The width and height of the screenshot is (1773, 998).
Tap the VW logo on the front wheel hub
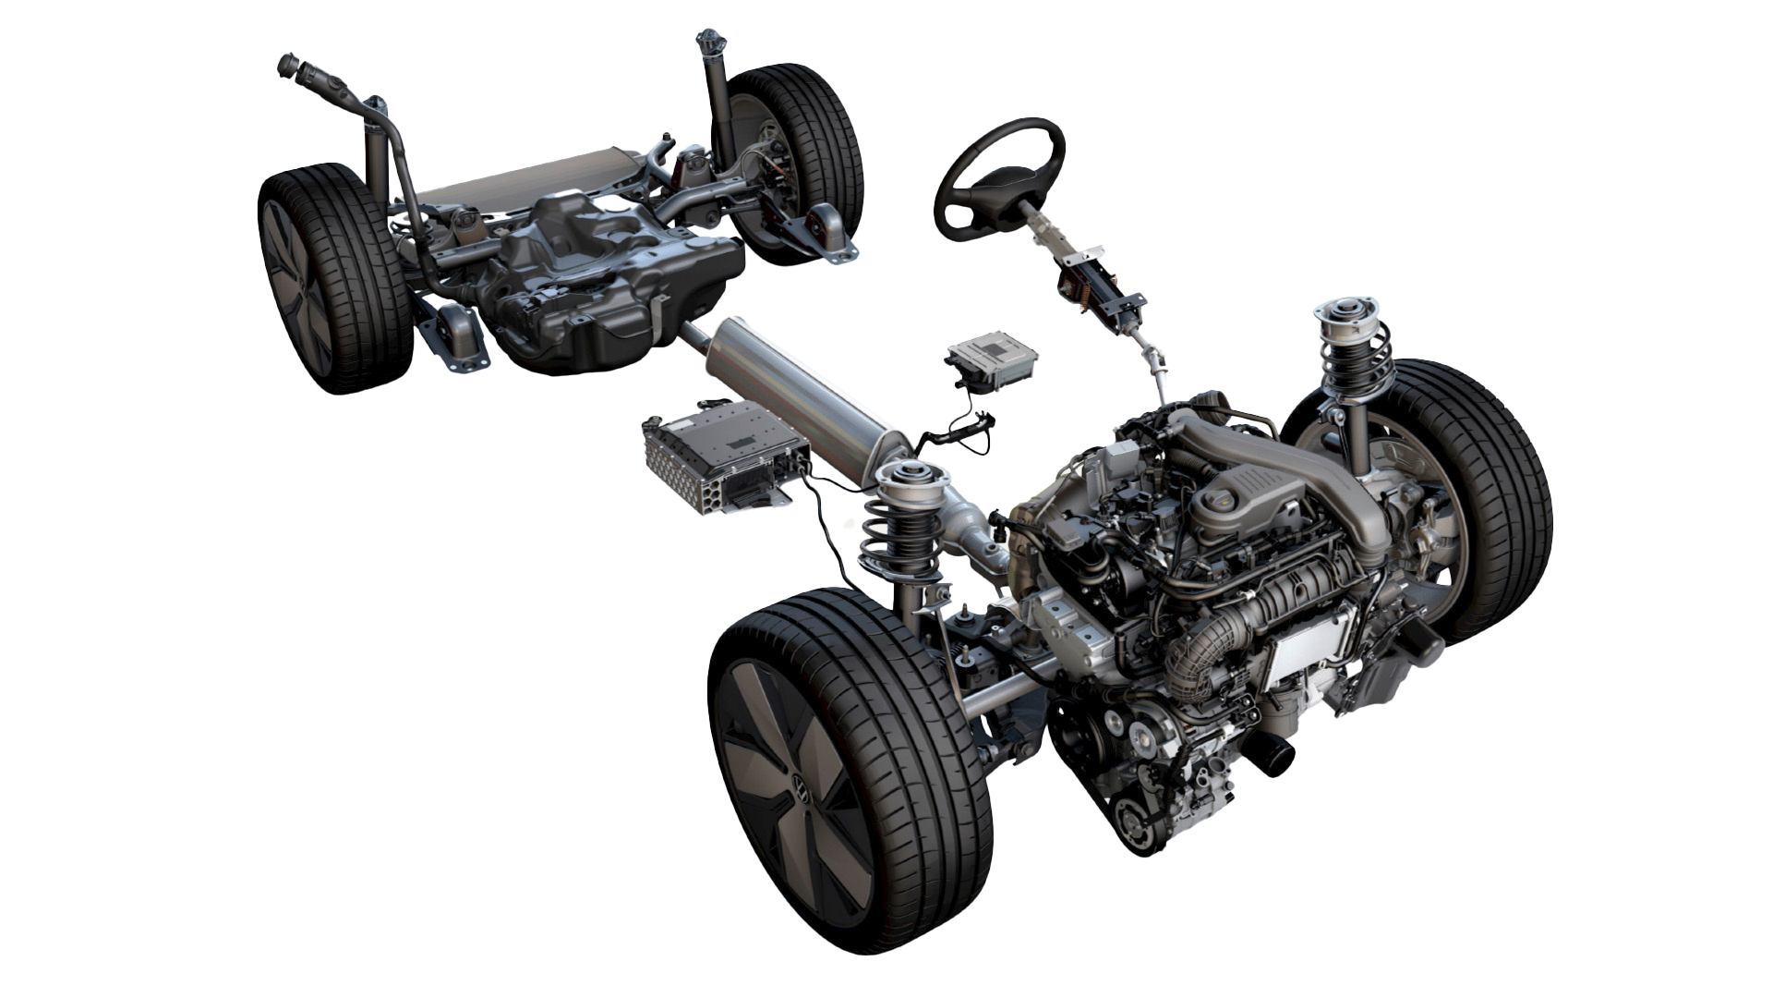click(800, 787)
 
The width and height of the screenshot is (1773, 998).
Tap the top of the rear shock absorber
click(709, 42)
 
